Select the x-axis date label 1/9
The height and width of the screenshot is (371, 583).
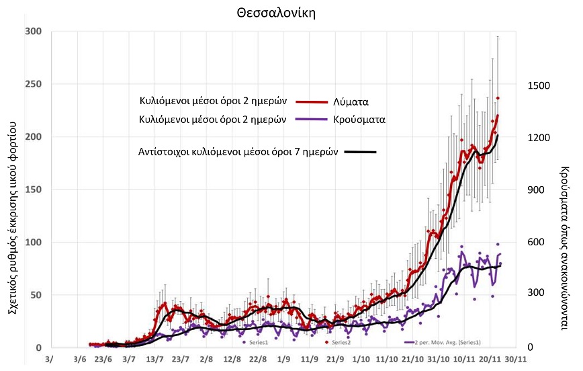pos(283,360)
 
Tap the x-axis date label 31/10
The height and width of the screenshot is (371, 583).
pos(439,360)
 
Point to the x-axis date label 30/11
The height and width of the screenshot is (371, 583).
pos(517,360)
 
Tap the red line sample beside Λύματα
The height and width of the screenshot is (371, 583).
pos(310,101)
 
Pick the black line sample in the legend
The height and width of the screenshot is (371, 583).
pos(360,153)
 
